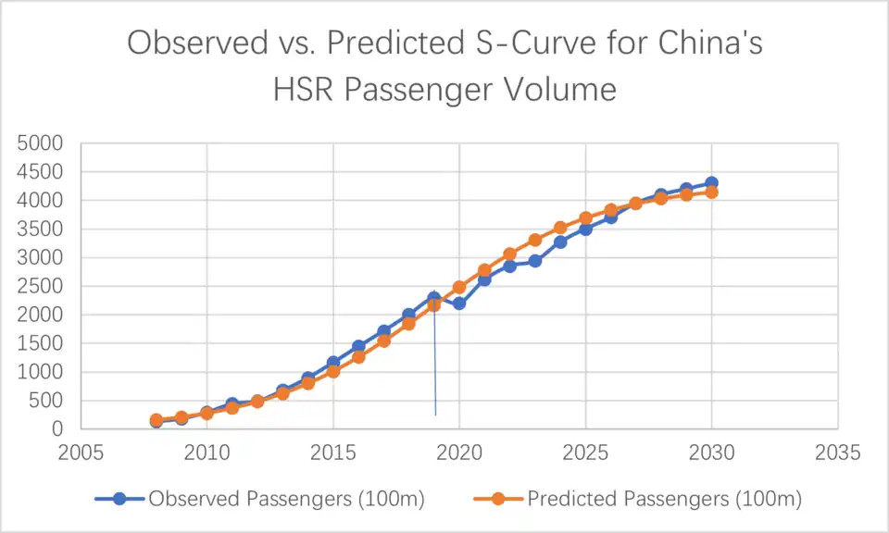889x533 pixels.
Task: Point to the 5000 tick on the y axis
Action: click(x=44, y=143)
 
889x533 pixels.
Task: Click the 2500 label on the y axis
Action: click(x=44, y=286)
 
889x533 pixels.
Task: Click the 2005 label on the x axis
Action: click(x=81, y=453)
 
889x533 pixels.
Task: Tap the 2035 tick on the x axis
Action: click(x=838, y=453)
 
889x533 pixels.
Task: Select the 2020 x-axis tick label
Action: click(x=459, y=453)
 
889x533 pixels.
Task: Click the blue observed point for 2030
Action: click(x=711, y=183)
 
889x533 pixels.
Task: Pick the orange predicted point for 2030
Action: click(x=711, y=192)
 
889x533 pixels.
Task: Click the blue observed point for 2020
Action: click(x=459, y=304)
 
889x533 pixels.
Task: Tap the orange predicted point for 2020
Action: click(x=459, y=287)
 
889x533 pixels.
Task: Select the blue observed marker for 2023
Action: click(x=535, y=261)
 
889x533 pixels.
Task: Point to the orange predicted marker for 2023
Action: click(x=535, y=240)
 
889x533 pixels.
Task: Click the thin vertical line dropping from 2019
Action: click(x=435, y=370)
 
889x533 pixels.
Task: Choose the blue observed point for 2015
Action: click(x=333, y=363)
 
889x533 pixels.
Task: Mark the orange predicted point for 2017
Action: click(x=383, y=341)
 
